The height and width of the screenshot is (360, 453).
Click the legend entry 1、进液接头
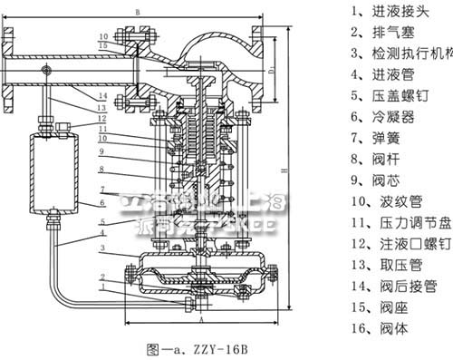[x=381, y=12]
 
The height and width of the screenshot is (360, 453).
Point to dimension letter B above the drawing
[x=137, y=11]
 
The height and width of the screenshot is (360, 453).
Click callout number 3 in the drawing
[x=105, y=248]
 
